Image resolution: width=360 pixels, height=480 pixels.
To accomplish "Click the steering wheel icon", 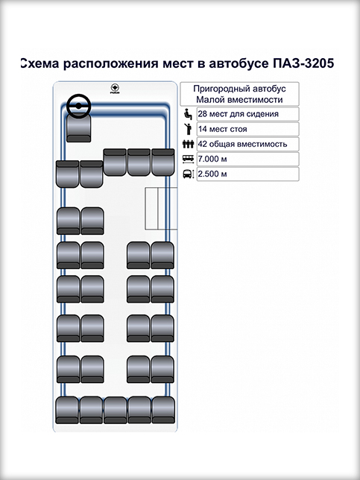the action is (79, 106).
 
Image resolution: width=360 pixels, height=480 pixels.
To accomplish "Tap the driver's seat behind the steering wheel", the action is (79, 128).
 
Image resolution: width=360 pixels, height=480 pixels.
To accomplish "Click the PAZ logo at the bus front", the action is (115, 89).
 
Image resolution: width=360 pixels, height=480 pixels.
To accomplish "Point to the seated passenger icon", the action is (188, 114).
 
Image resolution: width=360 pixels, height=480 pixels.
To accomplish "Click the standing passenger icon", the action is (188, 129).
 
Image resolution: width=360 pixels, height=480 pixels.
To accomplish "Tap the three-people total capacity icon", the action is (188, 144).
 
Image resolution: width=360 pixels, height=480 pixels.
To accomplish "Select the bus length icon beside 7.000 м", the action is (188, 159).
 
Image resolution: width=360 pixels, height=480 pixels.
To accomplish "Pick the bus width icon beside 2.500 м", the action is (189, 174).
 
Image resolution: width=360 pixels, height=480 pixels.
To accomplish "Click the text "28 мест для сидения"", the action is (239, 114).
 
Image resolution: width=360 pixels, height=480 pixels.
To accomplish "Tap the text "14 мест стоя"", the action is (223, 129).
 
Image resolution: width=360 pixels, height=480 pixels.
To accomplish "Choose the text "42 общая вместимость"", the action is (242, 144).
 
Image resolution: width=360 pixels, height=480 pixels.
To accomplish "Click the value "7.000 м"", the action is (212, 159).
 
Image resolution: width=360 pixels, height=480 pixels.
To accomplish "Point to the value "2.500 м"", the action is (212, 174).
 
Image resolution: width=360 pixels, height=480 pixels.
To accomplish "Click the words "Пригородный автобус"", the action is (239, 89).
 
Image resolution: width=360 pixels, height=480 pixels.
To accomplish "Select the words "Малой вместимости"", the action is (239, 100).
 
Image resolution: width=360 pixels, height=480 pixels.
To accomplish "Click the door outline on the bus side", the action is (161, 209).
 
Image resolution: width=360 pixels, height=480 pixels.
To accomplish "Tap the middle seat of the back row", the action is (115, 410).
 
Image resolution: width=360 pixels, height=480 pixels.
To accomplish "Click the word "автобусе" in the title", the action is (239, 63).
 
